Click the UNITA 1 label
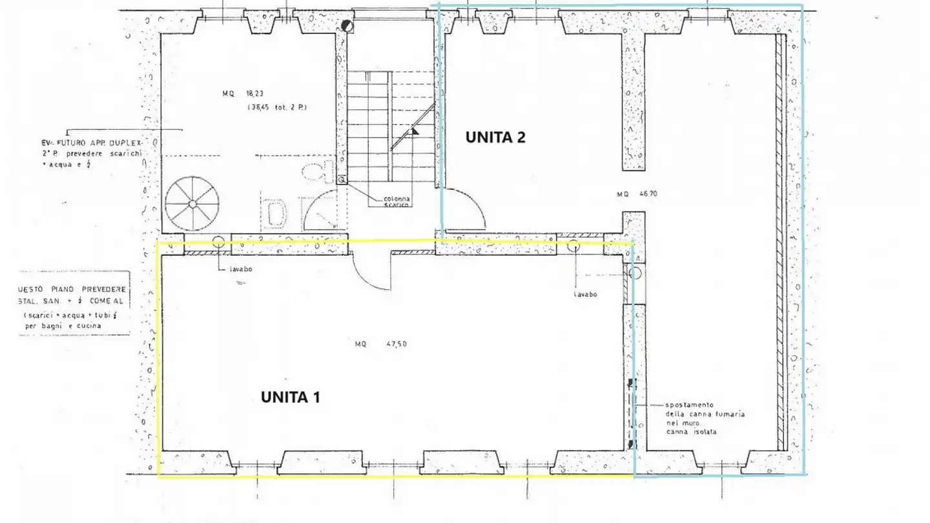290,397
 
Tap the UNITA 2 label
495,137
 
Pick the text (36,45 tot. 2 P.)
276,108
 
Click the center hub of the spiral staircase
192,204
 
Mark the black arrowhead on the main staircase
415,130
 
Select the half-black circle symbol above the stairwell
347,26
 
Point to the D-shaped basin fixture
276,214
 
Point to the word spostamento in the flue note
689,405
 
